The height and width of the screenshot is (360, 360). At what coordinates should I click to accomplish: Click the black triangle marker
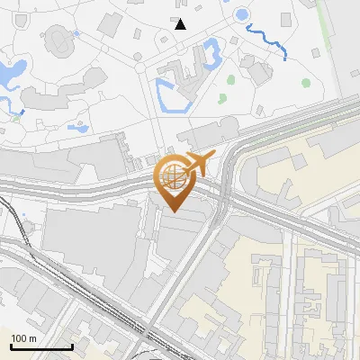(181, 24)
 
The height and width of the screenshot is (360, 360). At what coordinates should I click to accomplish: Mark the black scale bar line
(40, 346)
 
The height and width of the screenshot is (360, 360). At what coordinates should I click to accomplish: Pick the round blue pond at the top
(241, 15)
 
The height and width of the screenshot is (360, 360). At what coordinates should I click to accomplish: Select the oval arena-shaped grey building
(57, 39)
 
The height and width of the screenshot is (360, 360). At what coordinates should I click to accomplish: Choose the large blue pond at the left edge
(13, 72)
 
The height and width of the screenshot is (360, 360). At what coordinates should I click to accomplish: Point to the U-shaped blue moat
(170, 94)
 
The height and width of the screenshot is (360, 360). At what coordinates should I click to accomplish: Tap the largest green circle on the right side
(306, 83)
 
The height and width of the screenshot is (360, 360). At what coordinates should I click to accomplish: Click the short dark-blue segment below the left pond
(19, 113)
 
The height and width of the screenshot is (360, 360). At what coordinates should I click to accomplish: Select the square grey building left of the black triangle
(137, 33)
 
